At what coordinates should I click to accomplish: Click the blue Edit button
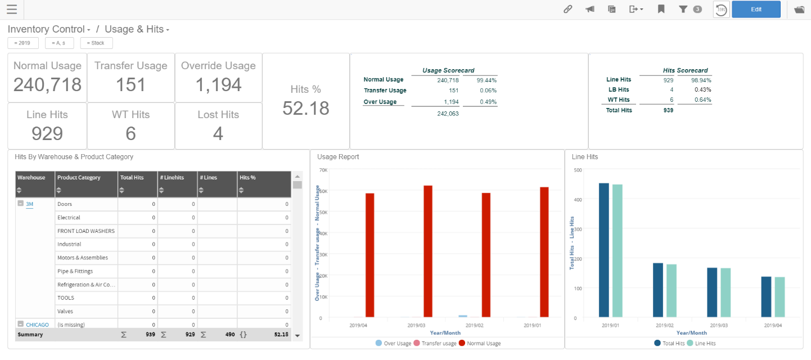(756, 10)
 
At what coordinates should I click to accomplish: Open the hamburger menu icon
(11, 10)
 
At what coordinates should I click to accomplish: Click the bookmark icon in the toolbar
(661, 10)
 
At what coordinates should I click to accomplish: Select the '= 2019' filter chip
(23, 43)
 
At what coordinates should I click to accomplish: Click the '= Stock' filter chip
(96, 43)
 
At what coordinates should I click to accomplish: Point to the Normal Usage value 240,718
(47, 84)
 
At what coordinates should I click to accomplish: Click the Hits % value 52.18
(305, 107)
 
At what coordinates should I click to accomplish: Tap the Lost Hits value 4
(218, 133)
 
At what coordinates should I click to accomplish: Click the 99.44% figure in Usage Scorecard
(486, 80)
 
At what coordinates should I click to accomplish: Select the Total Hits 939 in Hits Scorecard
(668, 110)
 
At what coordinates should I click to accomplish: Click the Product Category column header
(79, 178)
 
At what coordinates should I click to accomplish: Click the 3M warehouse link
(30, 204)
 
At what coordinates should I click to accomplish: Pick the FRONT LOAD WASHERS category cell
(85, 231)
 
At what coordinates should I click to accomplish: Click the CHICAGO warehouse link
(37, 325)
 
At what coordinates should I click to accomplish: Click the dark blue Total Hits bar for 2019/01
(604, 250)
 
